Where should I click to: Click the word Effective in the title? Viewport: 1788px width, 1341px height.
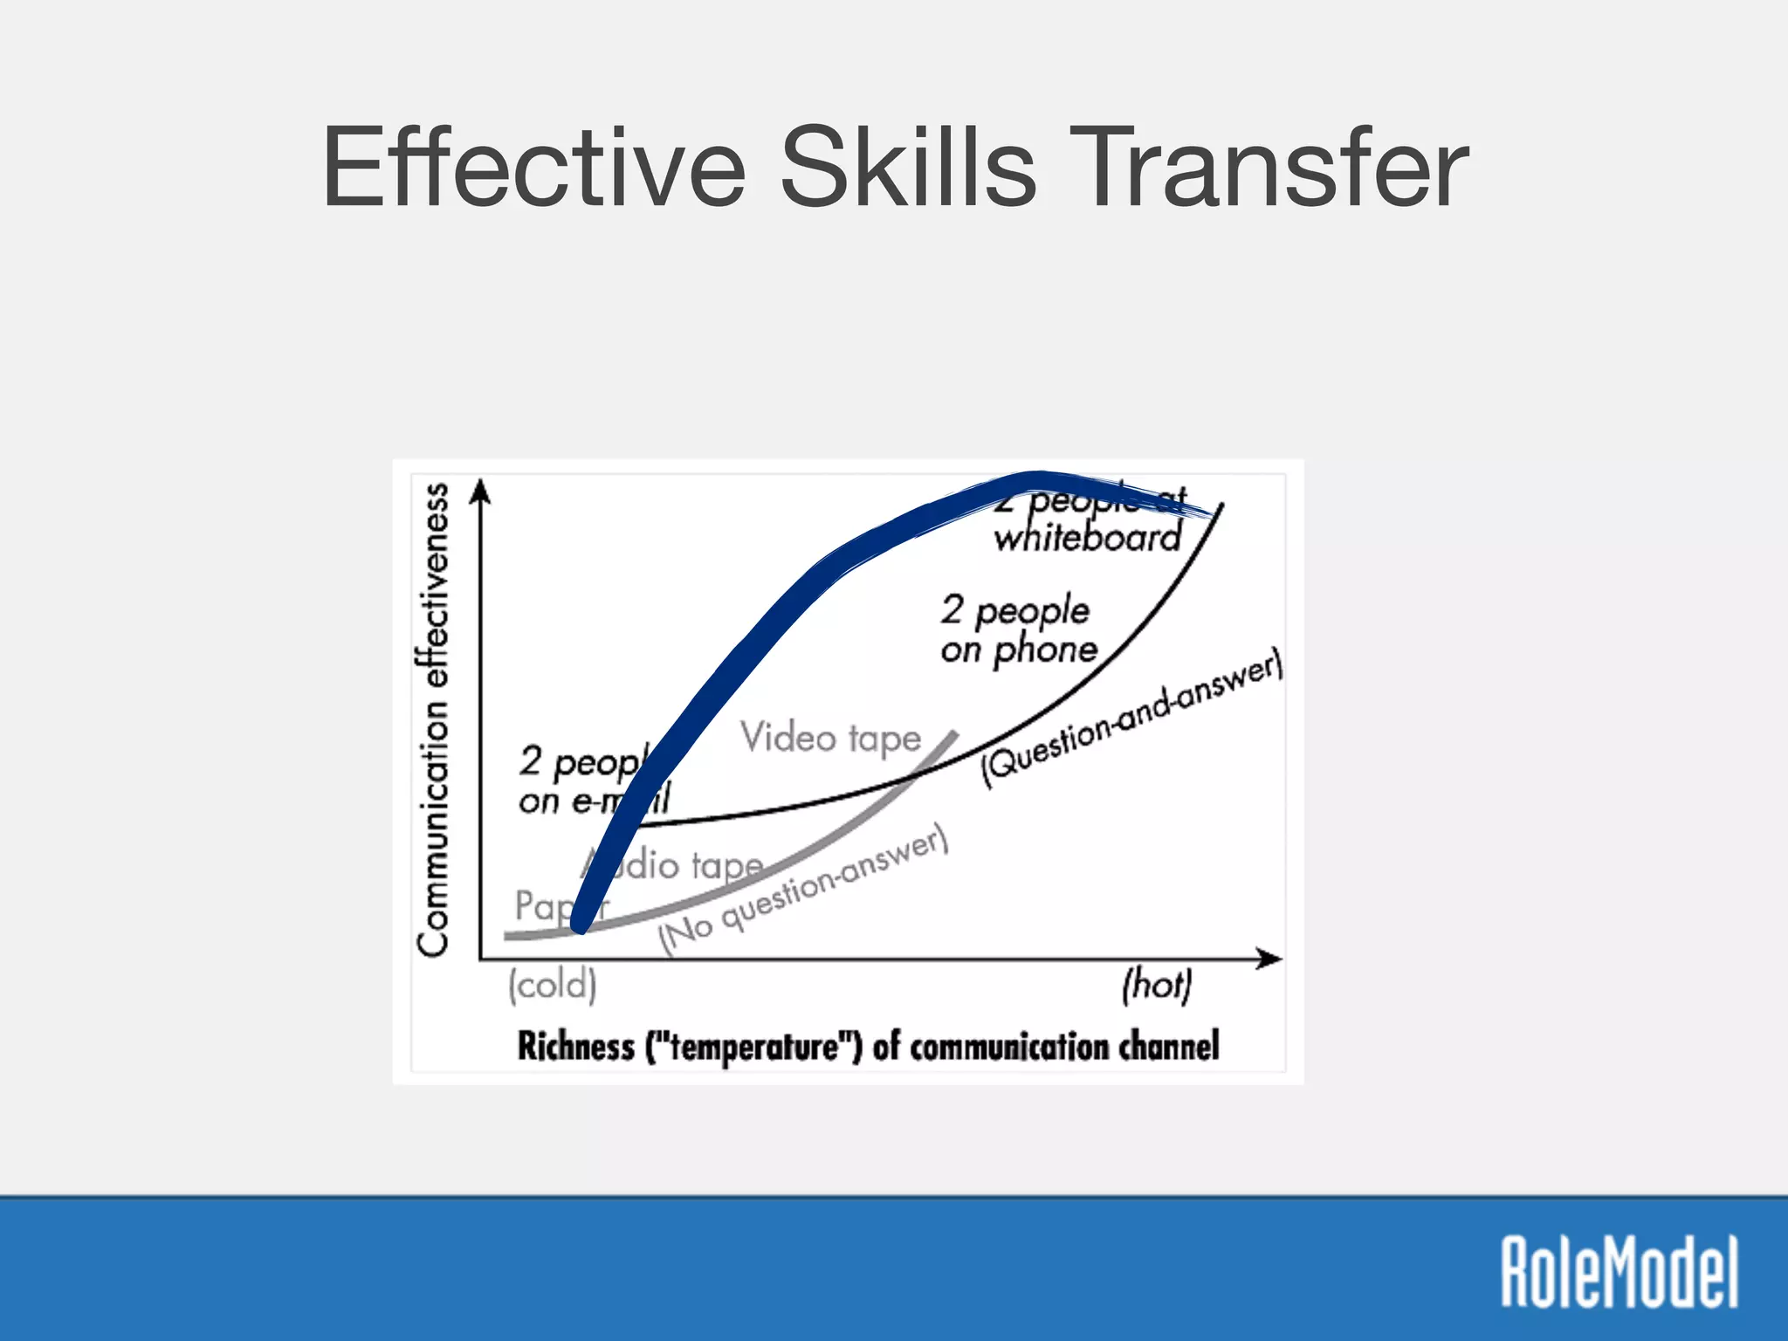pyautogui.click(x=533, y=168)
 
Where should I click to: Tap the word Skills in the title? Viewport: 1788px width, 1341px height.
pyautogui.click(x=908, y=168)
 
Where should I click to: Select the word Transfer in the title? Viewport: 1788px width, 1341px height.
pyautogui.click(x=1269, y=168)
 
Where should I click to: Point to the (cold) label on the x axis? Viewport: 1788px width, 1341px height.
pyautogui.click(x=553, y=986)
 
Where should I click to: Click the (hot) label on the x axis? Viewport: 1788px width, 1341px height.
pyautogui.click(x=1156, y=985)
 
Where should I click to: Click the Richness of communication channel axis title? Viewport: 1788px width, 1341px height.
pyautogui.click(x=868, y=1046)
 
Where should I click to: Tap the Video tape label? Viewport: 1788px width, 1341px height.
pyautogui.click(x=830, y=739)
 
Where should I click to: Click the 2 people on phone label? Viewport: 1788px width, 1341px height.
pyautogui.click(x=1018, y=629)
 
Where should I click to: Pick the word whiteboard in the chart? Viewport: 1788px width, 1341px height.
pyautogui.click(x=1088, y=538)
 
